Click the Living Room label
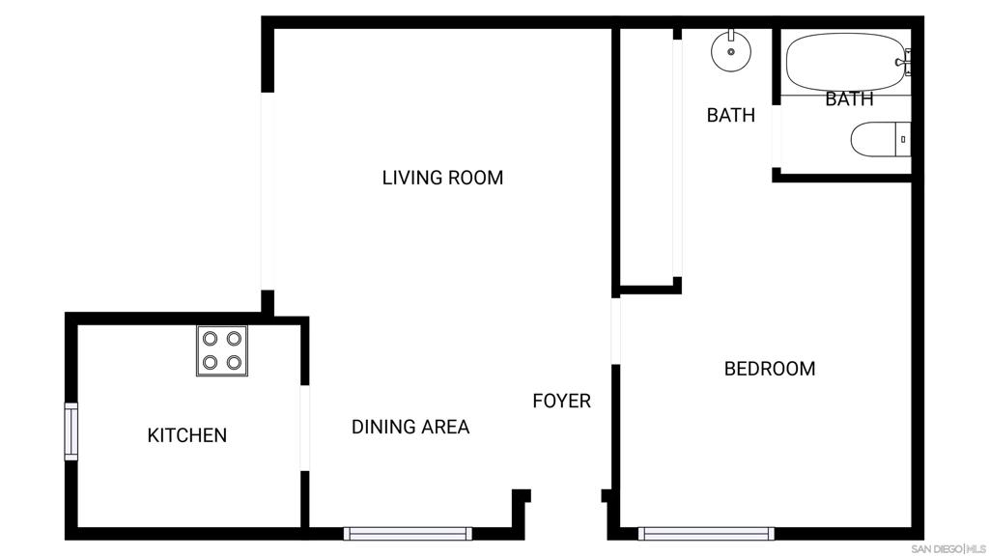click(442, 178)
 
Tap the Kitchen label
click(186, 435)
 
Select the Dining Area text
click(410, 427)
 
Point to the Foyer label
click(561, 401)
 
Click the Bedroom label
click(770, 369)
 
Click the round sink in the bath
click(731, 50)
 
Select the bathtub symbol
click(848, 62)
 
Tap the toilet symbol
click(881, 139)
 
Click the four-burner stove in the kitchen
click(222, 350)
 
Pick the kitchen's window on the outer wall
click(71, 431)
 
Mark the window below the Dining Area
click(408, 534)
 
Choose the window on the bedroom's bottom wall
click(706, 534)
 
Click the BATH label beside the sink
click(731, 116)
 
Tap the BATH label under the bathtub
click(849, 99)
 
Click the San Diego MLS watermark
click(948, 549)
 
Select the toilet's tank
click(903, 139)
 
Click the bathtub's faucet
click(904, 62)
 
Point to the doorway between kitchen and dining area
click(304, 428)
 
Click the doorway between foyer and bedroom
click(615, 331)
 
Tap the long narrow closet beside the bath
click(646, 157)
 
